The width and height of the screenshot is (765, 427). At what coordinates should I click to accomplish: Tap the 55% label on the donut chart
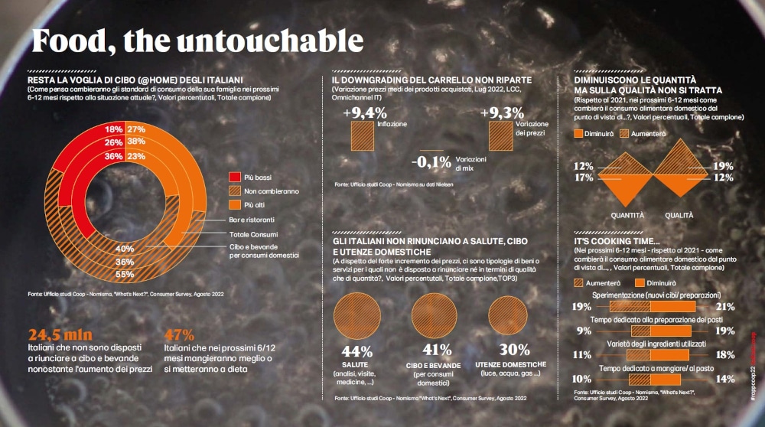(125, 274)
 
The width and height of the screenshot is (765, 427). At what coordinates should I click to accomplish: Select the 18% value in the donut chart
(114, 129)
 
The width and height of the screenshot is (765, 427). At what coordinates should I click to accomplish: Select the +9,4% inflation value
(366, 113)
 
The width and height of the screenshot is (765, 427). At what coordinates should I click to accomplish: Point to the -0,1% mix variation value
(431, 162)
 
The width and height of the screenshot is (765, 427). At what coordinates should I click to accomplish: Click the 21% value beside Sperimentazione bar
(726, 307)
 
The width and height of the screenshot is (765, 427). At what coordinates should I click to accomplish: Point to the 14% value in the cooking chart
(726, 379)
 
